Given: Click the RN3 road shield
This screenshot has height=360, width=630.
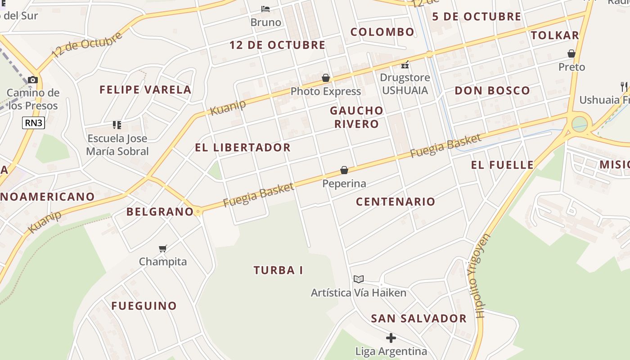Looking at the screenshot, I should (34, 122).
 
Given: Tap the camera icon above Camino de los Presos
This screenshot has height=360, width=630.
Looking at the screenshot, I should (32, 80).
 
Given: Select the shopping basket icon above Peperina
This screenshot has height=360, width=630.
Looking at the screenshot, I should (344, 170).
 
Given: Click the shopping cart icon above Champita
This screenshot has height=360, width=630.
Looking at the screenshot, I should (163, 248).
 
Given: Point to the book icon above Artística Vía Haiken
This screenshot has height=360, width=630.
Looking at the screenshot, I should (358, 279).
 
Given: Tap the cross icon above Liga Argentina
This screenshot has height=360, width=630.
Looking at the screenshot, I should (391, 337).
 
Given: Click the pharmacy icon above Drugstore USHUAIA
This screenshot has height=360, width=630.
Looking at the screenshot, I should (405, 65).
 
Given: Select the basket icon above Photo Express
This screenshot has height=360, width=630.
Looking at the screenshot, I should (326, 78).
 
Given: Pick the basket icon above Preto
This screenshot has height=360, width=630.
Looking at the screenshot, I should (571, 54).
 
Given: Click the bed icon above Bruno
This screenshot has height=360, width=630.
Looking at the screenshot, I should (265, 9).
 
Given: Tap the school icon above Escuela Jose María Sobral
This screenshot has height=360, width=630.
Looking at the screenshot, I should (117, 125).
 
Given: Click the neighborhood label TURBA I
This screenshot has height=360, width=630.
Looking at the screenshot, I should (278, 270).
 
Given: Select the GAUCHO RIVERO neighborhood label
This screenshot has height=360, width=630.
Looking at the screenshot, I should (356, 117).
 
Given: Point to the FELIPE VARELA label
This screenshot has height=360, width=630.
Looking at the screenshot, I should (145, 90).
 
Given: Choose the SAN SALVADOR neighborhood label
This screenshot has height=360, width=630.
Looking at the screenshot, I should (418, 319).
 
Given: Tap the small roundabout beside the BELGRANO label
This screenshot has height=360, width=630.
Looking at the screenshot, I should (198, 211).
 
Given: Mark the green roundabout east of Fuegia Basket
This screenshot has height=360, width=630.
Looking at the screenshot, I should (580, 124).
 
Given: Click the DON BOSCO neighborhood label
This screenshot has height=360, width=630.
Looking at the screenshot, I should (492, 90).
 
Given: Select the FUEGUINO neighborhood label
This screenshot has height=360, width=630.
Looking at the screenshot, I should (144, 306).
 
